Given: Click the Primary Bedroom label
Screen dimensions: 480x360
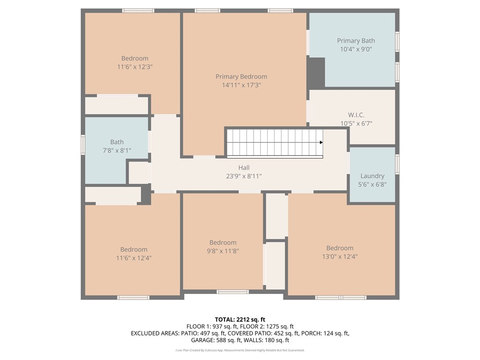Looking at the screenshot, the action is (241, 76).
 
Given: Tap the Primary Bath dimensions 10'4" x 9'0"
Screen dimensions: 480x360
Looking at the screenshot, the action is (356, 49).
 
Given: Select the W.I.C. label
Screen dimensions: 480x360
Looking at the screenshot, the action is (356, 115).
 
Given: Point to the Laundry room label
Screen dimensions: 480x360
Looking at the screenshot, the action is (372, 176).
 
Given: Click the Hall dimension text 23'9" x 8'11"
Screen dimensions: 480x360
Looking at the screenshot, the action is (244, 176).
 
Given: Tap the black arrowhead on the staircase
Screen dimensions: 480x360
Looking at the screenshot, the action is (321, 142).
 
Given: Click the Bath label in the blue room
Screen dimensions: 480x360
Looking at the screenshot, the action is (117, 142).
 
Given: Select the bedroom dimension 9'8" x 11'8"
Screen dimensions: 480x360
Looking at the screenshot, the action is (223, 251).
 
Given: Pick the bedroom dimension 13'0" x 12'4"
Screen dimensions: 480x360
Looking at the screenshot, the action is (340, 256).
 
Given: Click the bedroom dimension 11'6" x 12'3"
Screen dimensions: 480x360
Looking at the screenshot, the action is (135, 67).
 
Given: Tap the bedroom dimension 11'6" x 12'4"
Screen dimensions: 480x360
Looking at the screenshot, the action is (134, 258).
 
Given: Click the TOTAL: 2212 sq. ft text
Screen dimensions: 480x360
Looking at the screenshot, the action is (240, 320).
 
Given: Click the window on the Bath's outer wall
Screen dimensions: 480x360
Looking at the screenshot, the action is (82, 144).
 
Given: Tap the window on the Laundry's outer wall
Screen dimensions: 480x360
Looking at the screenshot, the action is (397, 165).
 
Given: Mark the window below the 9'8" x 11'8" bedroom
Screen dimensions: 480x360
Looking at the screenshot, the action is (232, 292).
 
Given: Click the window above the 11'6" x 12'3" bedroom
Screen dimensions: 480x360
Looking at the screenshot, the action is (138, 11).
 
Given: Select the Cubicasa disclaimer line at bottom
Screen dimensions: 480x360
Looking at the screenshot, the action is (240, 350).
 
